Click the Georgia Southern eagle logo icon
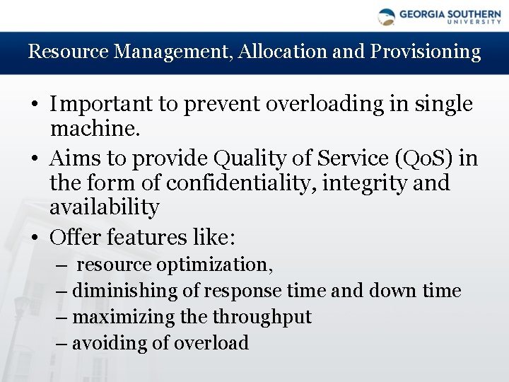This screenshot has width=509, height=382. point(387,16)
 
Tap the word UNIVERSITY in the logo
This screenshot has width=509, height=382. point(474,21)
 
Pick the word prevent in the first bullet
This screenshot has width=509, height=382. point(223,104)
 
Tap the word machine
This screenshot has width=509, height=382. point(95,128)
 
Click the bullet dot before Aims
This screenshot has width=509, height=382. point(34,158)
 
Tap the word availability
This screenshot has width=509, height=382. point(104,207)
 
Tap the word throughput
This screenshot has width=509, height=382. point(262,317)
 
